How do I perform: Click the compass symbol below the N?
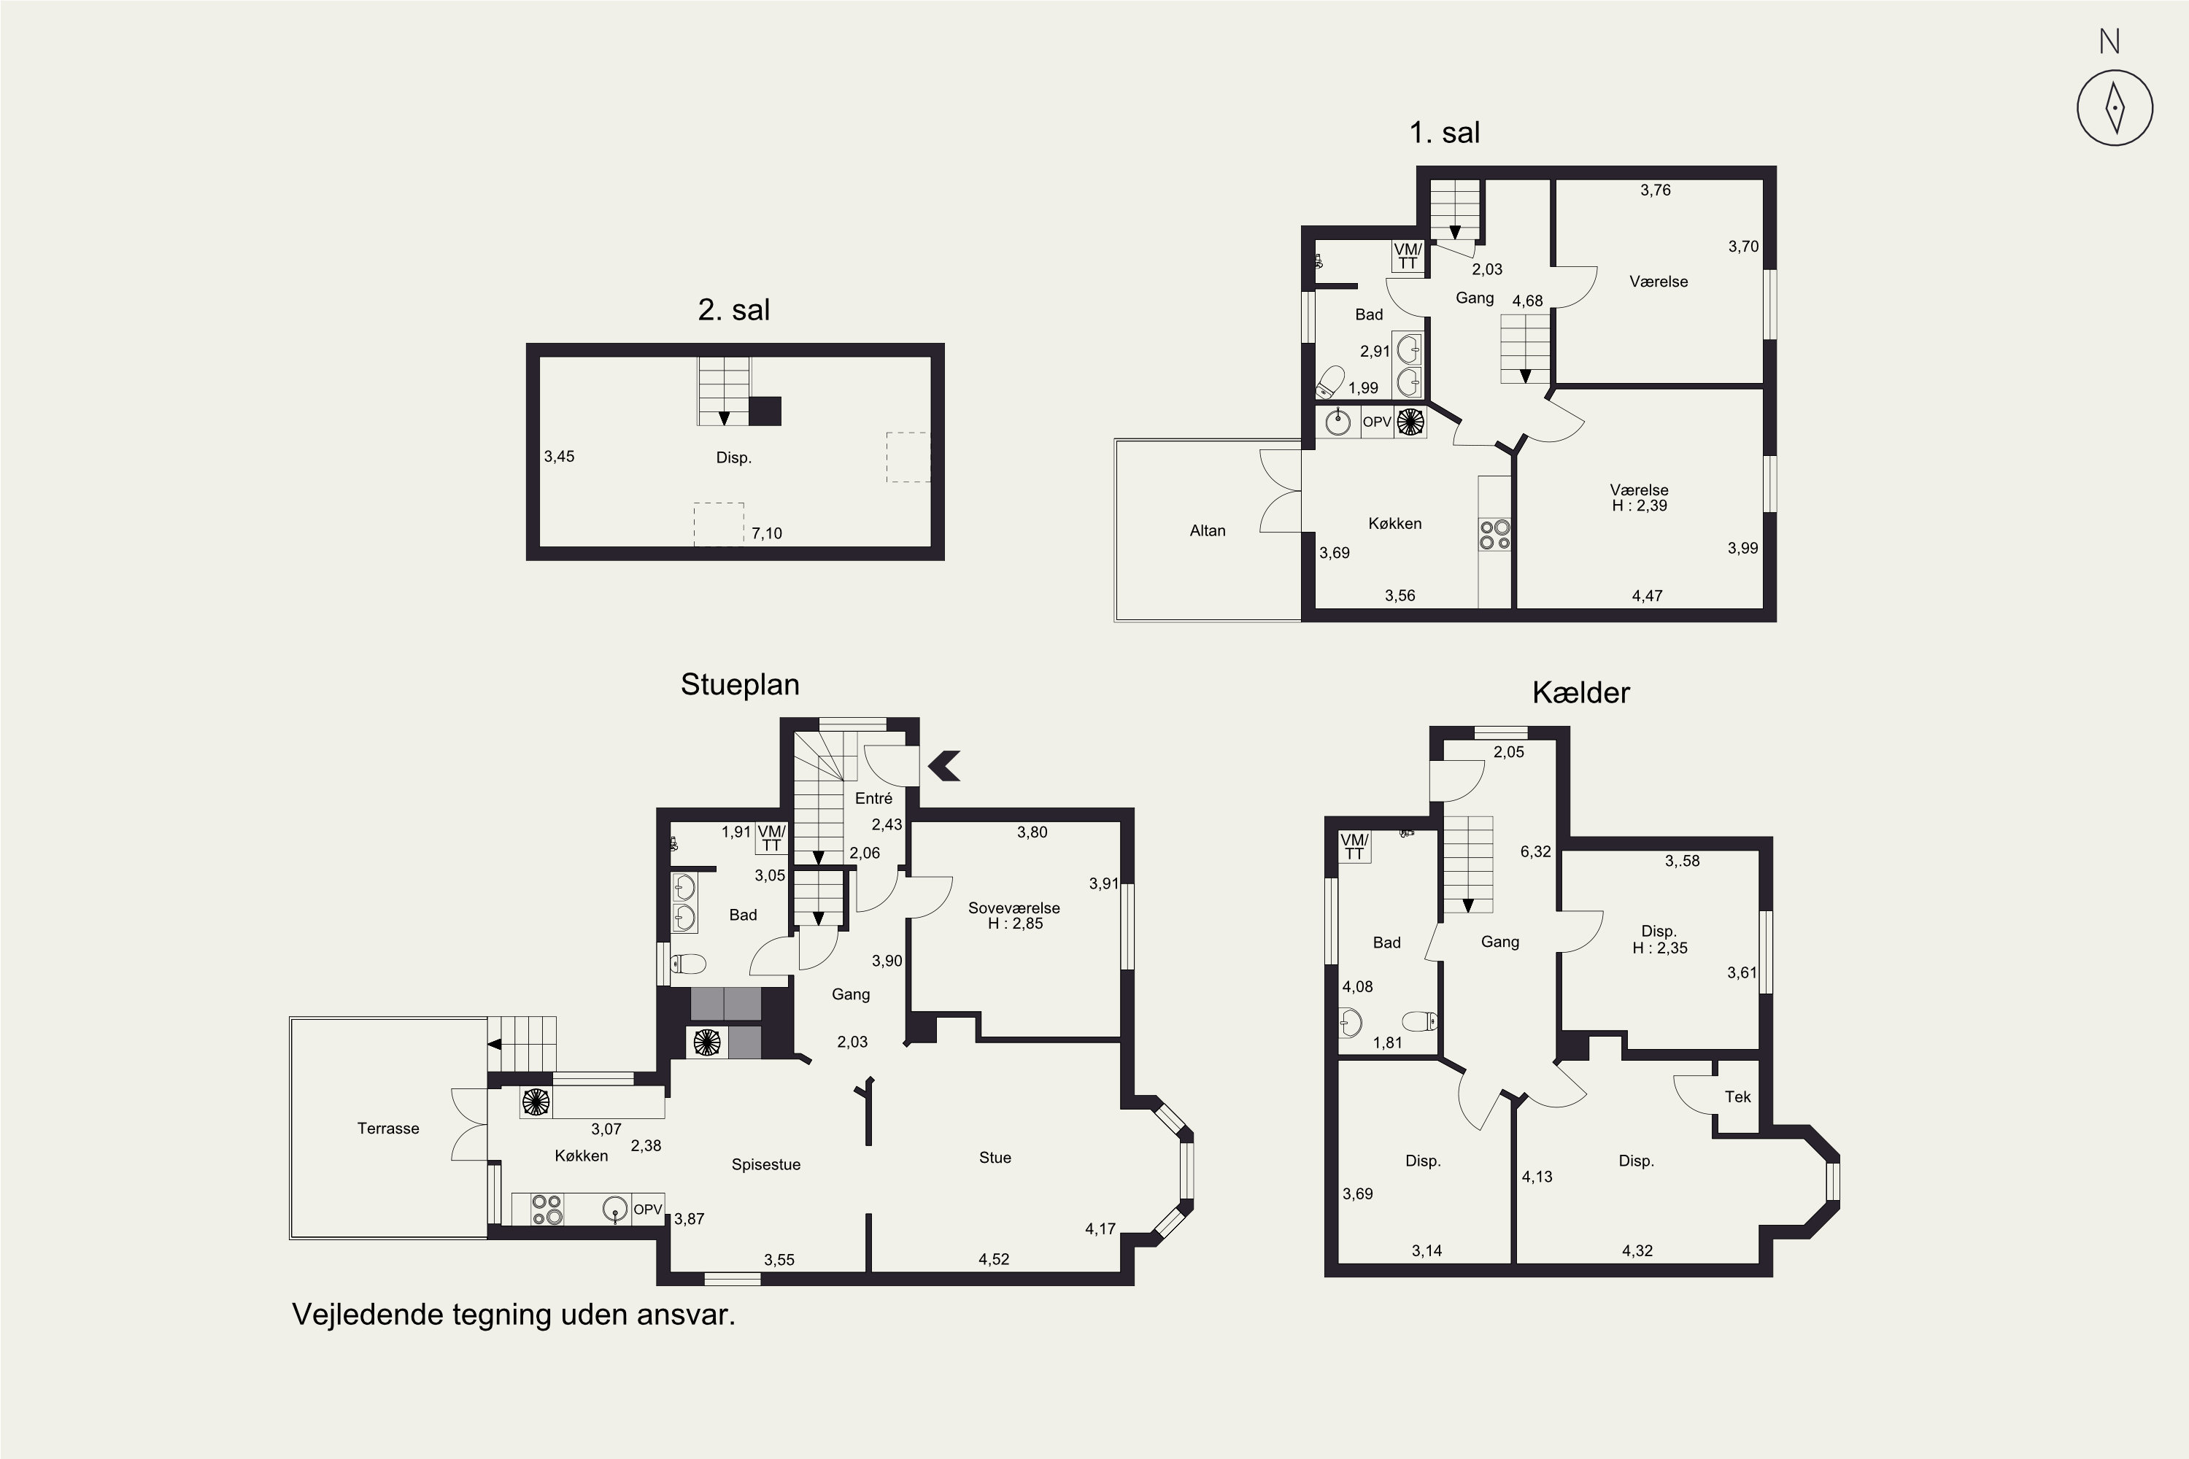2115,107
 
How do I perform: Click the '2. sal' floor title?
733,310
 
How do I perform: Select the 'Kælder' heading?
1580,692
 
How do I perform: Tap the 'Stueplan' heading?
740,685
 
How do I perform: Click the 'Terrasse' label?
388,1129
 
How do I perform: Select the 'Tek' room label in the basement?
1737,1097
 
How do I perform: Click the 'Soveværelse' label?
1014,908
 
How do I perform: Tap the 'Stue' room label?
995,1158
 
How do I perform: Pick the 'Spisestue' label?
766,1165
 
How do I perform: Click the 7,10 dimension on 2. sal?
767,533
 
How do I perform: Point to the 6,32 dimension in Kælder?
1536,851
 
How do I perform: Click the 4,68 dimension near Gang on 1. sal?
1527,301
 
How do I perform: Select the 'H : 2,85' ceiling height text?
1016,924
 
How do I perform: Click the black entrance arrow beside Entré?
945,766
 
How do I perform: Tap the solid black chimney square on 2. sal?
765,411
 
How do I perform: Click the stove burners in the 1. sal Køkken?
1494,534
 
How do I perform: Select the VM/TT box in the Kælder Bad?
1354,848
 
